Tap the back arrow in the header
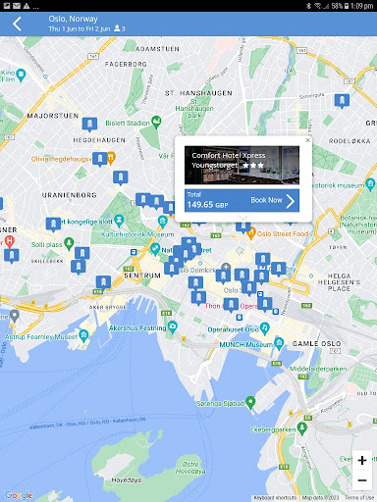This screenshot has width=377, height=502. pyautogui.click(x=17, y=24)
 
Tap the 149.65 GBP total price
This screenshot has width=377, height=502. pyautogui.click(x=207, y=205)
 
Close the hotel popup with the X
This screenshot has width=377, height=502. pyautogui.click(x=307, y=141)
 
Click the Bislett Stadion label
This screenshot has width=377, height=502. pyautogui.click(x=129, y=124)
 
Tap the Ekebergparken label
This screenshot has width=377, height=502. pyautogui.click(x=305, y=429)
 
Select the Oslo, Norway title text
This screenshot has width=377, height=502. pyautogui.click(x=71, y=19)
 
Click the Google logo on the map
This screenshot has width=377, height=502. pyautogui.click(x=18, y=494)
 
